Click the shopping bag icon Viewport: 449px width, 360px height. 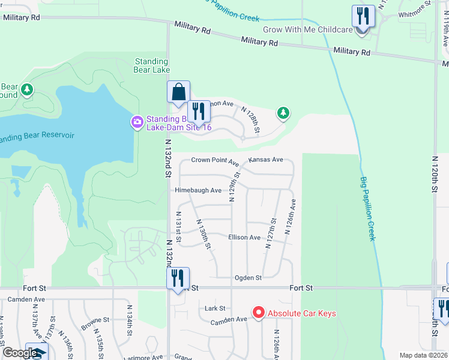178,94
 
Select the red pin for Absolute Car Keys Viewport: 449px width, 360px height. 259,313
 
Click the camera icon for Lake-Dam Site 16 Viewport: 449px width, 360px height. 137,123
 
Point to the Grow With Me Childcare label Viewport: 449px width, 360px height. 307,30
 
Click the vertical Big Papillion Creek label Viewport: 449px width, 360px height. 368,209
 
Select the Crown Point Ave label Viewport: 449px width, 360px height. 215,160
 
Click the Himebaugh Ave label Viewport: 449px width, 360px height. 198,190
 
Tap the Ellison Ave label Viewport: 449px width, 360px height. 244,238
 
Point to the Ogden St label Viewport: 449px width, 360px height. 248,278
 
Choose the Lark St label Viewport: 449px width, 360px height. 214,308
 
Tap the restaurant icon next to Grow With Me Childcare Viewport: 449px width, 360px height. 363,16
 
